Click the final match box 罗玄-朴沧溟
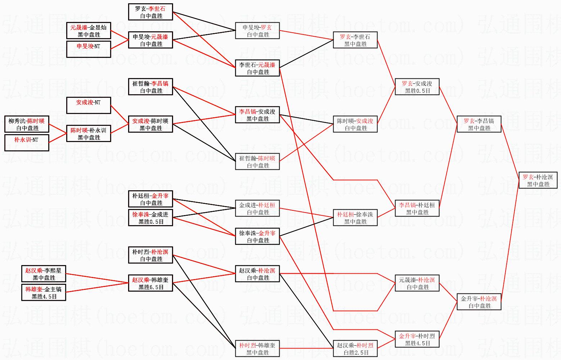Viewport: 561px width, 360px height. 538,180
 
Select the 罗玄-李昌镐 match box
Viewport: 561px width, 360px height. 479,124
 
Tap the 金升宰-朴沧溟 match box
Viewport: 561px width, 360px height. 479,302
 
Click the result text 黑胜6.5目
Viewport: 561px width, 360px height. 151,287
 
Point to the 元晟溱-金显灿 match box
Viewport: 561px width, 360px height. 89,31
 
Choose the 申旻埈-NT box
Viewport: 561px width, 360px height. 89,49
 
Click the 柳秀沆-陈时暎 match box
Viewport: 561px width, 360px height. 27,124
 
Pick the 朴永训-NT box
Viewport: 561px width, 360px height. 27,142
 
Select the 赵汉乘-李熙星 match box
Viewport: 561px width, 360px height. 44,274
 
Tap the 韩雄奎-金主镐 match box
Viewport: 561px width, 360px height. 44,292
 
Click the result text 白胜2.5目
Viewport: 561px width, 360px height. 355,353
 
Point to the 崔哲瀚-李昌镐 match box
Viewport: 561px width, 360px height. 150,87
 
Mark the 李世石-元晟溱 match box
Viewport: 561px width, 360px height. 257,68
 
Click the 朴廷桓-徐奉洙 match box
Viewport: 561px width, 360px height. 355,218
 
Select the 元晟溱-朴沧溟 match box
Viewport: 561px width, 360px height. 417,283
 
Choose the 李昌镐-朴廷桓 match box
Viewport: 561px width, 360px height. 417,208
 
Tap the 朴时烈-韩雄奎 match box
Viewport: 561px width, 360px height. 257,348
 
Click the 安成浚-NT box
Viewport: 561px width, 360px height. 89,105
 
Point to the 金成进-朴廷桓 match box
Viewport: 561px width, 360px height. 257,208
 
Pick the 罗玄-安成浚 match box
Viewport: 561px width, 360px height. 417,87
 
